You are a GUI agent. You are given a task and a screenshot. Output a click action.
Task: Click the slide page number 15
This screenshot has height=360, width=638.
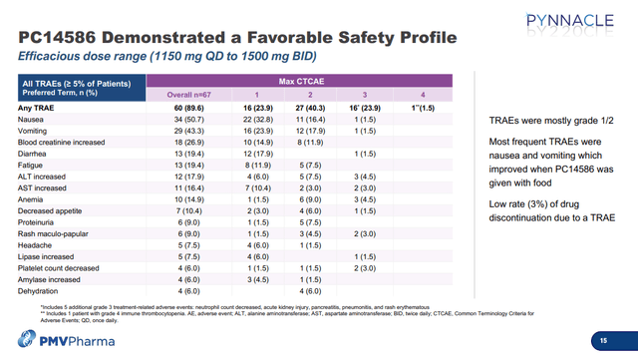[x=602, y=341]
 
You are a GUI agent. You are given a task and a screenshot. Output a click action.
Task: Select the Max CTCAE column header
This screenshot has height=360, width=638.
[x=294, y=79]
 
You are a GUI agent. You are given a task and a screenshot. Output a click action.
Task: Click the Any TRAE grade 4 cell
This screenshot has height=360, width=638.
[x=423, y=107]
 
